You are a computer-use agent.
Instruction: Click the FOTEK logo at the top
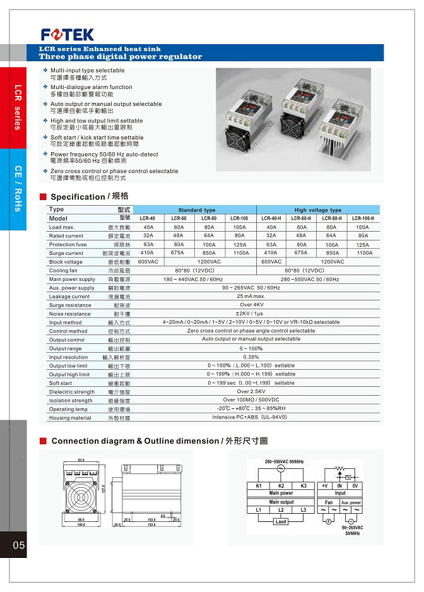pos(68,34)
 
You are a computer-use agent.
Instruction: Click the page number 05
pos(18,545)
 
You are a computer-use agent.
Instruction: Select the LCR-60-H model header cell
pos(302,218)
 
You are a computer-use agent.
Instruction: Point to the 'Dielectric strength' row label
pos(72,391)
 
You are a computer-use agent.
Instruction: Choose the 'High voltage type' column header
pos(318,210)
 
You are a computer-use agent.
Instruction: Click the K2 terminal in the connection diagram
pos(281,486)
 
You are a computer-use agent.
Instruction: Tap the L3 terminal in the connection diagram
pos(303,509)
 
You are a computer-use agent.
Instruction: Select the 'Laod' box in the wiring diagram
pos(281,521)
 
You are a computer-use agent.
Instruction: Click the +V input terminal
pos(324,486)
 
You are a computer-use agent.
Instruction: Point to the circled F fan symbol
pos(329,521)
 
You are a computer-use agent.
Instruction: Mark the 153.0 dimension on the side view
pos(151,524)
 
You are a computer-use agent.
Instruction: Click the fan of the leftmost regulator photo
pos(244,139)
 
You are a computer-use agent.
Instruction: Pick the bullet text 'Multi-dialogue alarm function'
pos(91,87)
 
